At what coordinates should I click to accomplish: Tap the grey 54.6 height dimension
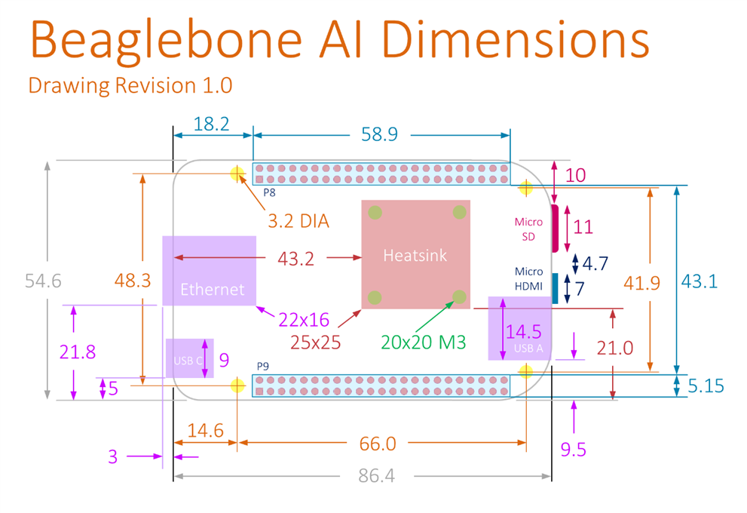click(x=43, y=281)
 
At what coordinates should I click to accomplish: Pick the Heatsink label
click(x=415, y=255)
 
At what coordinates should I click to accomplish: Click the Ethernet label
click(x=212, y=289)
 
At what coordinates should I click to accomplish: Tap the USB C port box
click(x=189, y=358)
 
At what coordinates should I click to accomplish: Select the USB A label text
click(x=528, y=348)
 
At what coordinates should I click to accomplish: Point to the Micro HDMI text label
click(x=528, y=278)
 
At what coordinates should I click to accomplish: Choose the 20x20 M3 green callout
click(x=423, y=342)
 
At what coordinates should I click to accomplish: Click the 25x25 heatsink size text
click(x=316, y=342)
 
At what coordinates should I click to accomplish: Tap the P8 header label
click(x=269, y=192)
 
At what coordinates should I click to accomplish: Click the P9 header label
click(x=263, y=367)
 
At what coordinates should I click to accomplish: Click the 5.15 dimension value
click(x=706, y=386)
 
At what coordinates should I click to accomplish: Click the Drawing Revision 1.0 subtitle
click(x=130, y=85)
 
